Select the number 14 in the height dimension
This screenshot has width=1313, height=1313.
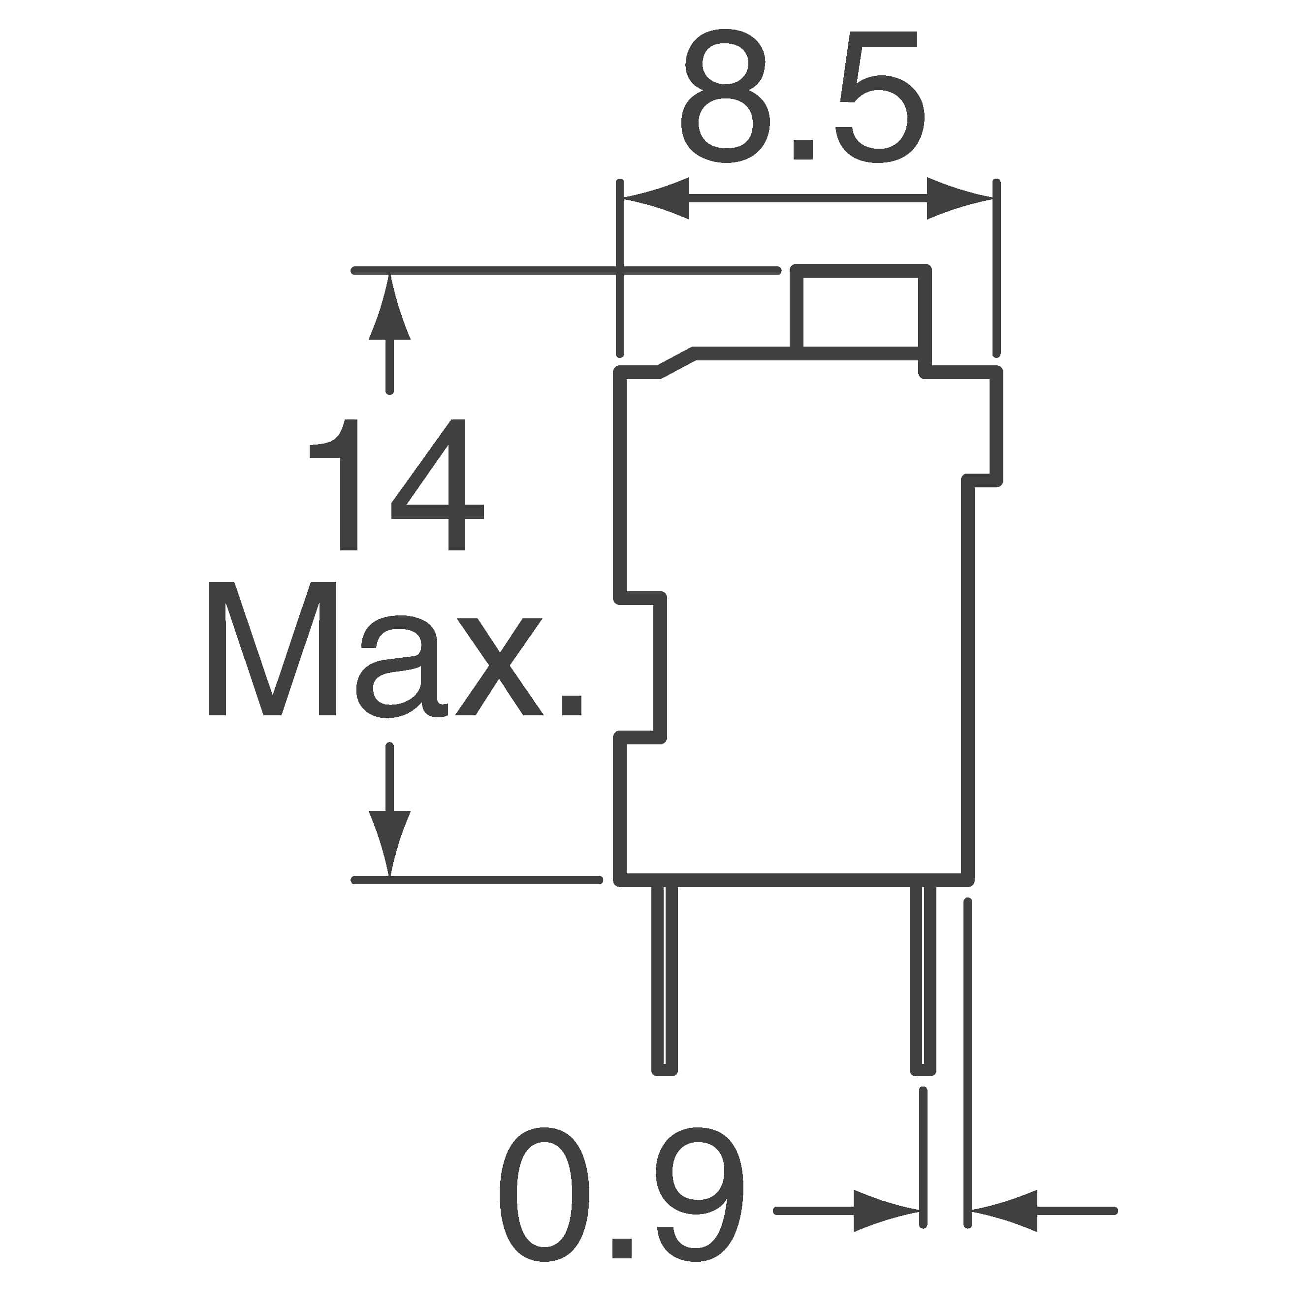pyautogui.click(x=396, y=484)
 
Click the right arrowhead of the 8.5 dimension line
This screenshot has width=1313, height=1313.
pyautogui.click(x=960, y=198)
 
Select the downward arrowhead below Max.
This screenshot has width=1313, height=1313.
pyautogui.click(x=389, y=843)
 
